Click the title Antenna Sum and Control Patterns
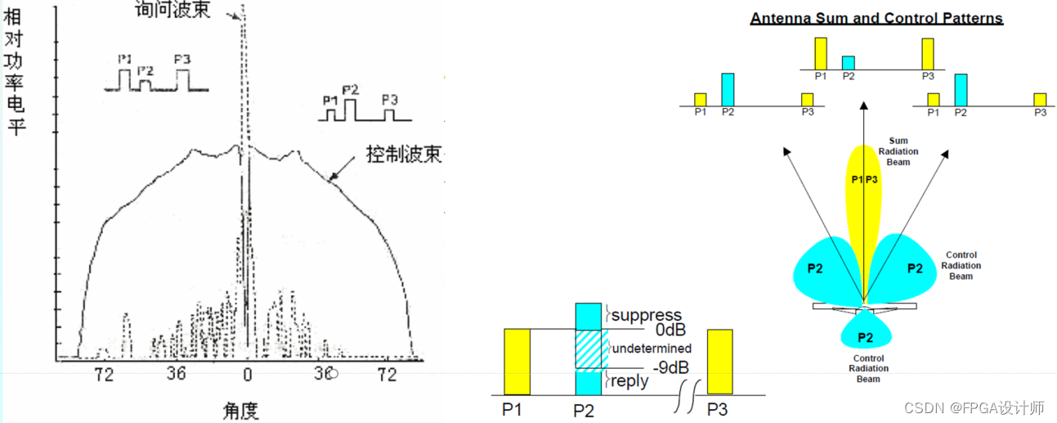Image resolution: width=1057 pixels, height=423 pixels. click(x=876, y=18)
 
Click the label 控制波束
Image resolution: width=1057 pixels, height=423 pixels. click(x=404, y=154)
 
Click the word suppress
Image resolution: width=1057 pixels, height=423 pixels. click(x=647, y=315)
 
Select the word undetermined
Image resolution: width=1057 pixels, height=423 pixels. click(x=652, y=349)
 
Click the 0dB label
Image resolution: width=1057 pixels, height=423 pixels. click(x=670, y=330)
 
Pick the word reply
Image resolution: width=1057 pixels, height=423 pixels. click(x=630, y=380)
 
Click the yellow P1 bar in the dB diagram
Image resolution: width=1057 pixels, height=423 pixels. click(x=517, y=362)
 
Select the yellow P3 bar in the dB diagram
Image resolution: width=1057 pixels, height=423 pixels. click(x=719, y=362)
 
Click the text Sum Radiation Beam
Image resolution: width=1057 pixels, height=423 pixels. click(x=898, y=151)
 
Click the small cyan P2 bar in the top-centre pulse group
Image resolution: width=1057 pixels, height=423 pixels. click(x=849, y=62)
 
